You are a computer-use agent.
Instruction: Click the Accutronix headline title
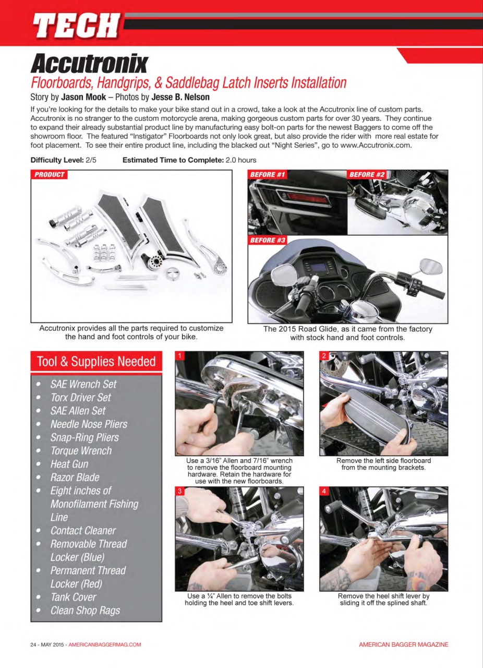pos(89,64)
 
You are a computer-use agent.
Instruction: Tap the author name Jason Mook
pos(83,97)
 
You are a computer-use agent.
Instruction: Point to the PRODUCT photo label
pos(50,175)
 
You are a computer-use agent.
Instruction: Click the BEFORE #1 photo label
pos(268,175)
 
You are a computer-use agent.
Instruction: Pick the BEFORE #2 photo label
pos(367,175)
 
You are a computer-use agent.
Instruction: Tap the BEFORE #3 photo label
pos(268,240)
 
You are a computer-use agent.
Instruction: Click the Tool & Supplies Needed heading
pos(96,362)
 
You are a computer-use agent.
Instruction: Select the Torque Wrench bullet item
pos(81,451)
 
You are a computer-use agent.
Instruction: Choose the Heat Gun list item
pos(69,464)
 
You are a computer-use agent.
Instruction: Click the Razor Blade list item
pos(75,478)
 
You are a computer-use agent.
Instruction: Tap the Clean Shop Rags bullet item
pos(85,611)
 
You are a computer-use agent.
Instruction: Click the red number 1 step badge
pos(180,356)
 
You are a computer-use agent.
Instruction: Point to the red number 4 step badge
pos(324,492)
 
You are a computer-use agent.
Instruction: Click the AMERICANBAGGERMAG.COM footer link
pos(105,645)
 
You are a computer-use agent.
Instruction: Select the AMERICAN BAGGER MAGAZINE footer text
pos(403,645)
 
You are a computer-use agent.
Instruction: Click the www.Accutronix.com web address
pos(376,146)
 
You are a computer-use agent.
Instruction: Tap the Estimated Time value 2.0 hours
pos(240,160)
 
